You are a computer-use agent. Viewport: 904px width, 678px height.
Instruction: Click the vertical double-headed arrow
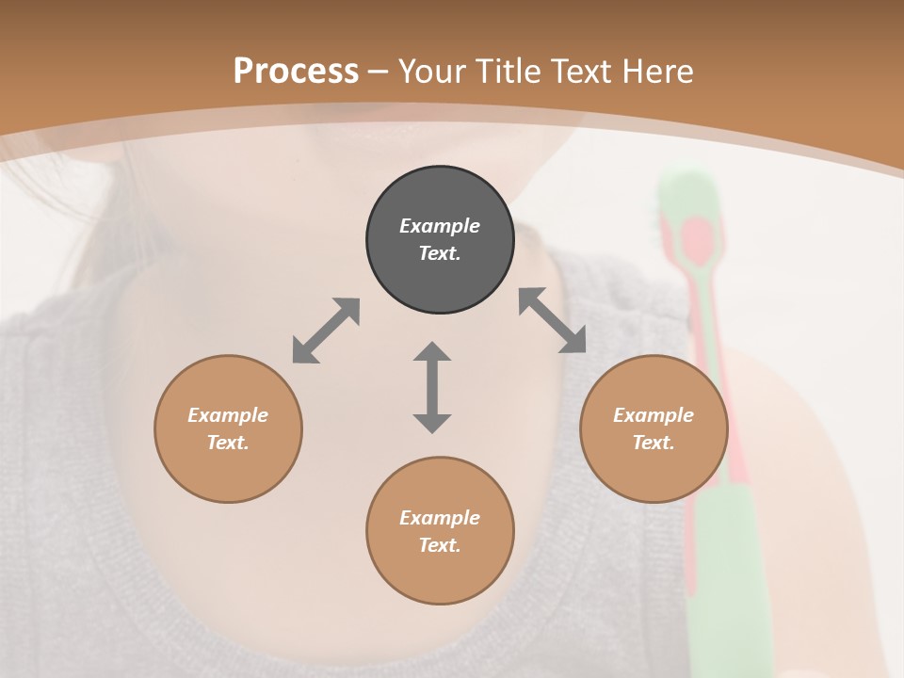point(432,387)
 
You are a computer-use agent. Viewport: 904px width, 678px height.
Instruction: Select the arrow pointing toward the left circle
point(326,331)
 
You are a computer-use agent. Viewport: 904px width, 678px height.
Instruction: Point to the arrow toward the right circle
point(553,320)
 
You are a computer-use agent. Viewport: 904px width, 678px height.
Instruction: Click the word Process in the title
point(296,71)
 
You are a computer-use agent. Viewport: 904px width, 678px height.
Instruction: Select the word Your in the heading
point(431,72)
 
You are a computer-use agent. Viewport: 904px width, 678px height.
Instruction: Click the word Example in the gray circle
point(440,226)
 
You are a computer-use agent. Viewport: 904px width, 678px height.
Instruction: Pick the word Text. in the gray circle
point(440,253)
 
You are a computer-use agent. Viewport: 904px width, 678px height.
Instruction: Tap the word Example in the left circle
point(228,415)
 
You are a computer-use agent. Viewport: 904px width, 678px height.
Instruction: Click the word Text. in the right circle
point(654,443)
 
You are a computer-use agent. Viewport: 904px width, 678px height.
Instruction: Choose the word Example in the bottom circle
point(440,518)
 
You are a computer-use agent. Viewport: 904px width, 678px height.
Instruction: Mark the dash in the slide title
point(379,72)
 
